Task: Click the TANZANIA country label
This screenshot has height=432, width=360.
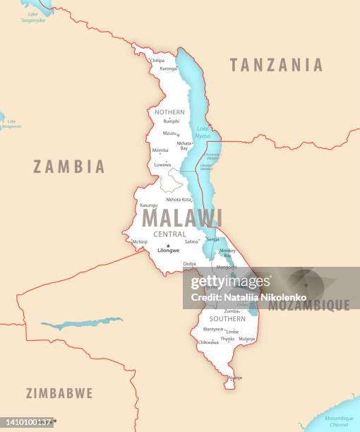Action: (x=276, y=65)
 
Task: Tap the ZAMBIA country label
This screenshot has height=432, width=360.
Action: (x=69, y=167)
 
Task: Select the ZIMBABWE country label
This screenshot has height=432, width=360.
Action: (x=59, y=393)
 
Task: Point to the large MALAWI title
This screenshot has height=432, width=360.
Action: (x=182, y=218)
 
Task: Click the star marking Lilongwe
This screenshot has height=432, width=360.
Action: (x=168, y=245)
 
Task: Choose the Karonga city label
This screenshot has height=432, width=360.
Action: (x=168, y=68)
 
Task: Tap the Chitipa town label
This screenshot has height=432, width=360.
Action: (x=157, y=61)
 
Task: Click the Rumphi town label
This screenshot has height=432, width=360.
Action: (x=172, y=121)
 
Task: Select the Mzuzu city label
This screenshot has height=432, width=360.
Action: (x=170, y=133)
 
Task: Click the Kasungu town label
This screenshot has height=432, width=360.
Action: (x=149, y=205)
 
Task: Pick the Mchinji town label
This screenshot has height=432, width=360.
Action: (x=140, y=241)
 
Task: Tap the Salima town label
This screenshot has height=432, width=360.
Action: (x=191, y=241)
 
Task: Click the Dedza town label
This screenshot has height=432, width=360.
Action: (x=189, y=264)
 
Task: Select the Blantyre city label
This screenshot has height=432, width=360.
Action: (x=212, y=329)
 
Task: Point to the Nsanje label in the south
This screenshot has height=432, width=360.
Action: (x=234, y=378)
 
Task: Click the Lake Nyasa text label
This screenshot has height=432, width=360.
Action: (x=203, y=131)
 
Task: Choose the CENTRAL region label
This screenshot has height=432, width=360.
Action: (x=169, y=234)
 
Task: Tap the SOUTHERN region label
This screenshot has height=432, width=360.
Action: (x=227, y=319)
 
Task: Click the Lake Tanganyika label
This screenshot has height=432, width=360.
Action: (x=32, y=17)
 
